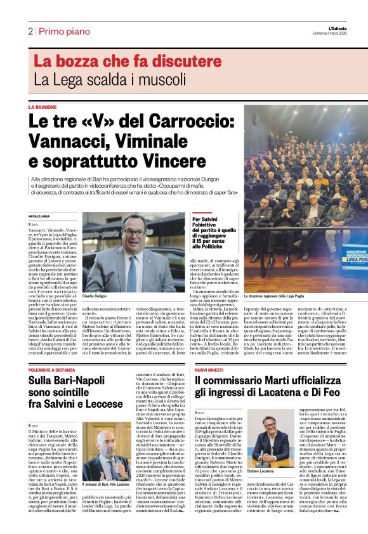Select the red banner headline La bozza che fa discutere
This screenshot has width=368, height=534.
pyautogui.click(x=119, y=62)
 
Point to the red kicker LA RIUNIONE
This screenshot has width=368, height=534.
pyautogui.click(x=43, y=108)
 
